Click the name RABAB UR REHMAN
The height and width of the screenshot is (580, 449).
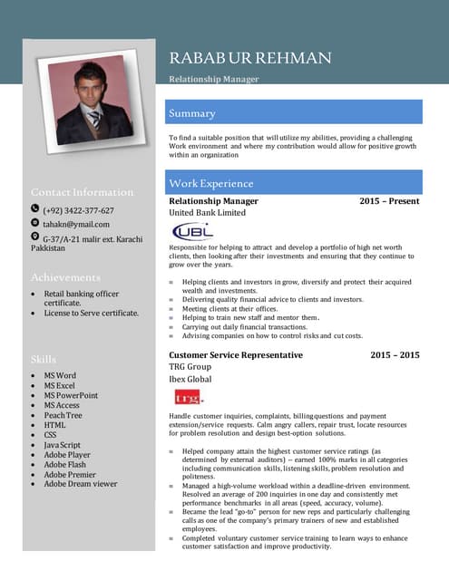coord(249,59)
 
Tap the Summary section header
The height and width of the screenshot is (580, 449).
coord(192,113)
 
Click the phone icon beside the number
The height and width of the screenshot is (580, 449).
coord(35,209)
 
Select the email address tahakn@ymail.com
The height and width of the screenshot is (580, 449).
coord(76,224)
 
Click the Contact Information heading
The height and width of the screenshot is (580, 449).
coord(82,192)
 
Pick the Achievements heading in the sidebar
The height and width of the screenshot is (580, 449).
coord(65,276)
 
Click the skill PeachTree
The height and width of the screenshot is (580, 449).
coord(63,415)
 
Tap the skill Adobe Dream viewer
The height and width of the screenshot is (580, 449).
coord(81,484)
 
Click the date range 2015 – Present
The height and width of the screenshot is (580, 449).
coord(389,201)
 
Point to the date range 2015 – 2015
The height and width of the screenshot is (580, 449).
coord(395,355)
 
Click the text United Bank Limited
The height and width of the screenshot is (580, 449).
coord(207,213)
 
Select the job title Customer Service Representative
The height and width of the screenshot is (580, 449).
coord(236,355)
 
